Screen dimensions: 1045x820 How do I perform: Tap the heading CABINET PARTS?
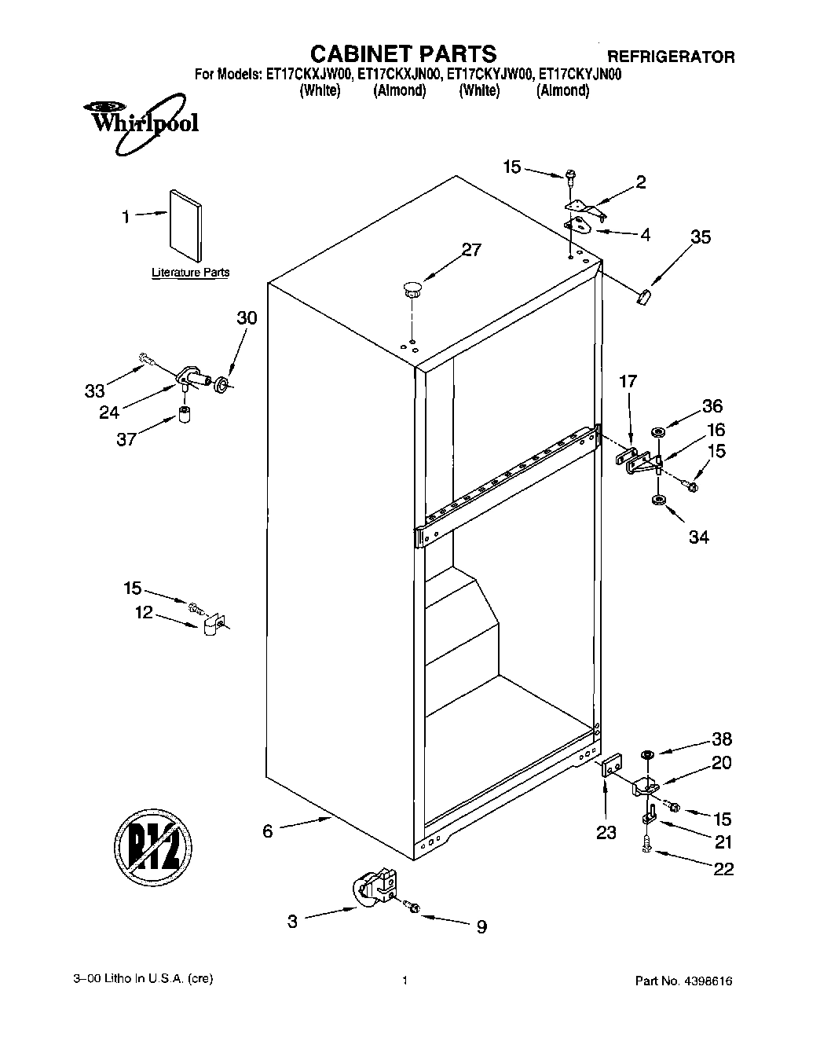pyautogui.click(x=403, y=53)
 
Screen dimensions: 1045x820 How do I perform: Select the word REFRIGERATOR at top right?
pyautogui.click(x=671, y=57)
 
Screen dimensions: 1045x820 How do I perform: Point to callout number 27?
pyautogui.click(x=470, y=250)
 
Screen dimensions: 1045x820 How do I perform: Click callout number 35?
pyautogui.click(x=700, y=236)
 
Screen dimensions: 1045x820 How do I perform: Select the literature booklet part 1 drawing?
pyautogui.click(x=185, y=223)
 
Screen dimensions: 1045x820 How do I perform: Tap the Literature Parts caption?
pyautogui.click(x=190, y=273)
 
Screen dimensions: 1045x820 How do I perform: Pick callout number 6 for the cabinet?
pyautogui.click(x=268, y=830)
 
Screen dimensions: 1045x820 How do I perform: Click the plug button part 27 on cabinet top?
pyautogui.click(x=412, y=288)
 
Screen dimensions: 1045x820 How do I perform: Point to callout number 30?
pyautogui.click(x=247, y=318)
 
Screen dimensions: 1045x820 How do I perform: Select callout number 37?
pyautogui.click(x=126, y=439)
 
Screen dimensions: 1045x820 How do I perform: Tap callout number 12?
pyautogui.click(x=144, y=612)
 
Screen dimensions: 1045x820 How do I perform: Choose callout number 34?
pyautogui.click(x=698, y=537)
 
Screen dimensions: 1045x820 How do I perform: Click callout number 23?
pyautogui.click(x=606, y=832)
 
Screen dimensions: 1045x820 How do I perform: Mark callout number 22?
pyautogui.click(x=723, y=868)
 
